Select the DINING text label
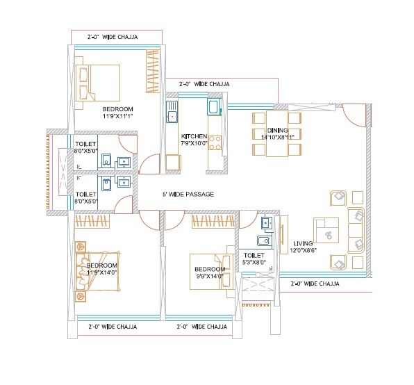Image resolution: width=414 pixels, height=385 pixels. click(x=278, y=130)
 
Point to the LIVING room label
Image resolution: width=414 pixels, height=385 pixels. click(x=304, y=243)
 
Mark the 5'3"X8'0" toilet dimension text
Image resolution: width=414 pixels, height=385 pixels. click(x=255, y=263)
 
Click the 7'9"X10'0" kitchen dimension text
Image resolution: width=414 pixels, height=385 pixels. click(x=193, y=143)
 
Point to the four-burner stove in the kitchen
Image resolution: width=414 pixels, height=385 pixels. click(x=215, y=143)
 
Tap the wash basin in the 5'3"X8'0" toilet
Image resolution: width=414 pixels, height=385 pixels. click(x=263, y=241)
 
